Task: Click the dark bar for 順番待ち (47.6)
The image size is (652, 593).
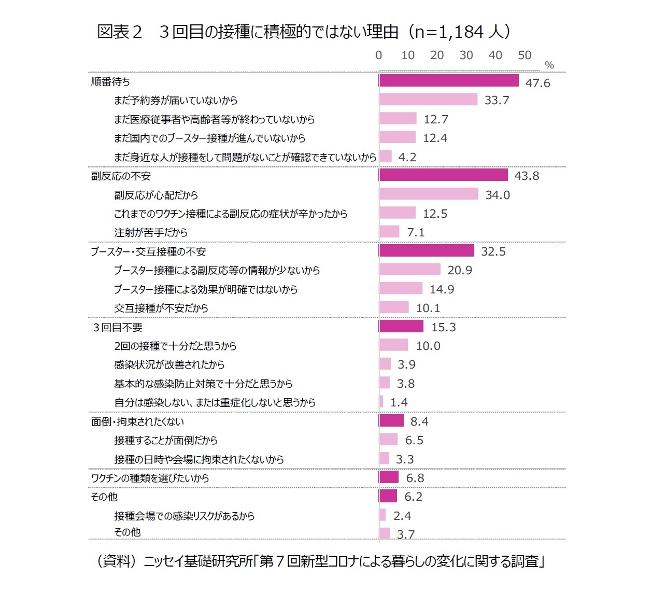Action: coord(449,80)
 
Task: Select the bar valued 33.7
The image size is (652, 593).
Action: coord(428,100)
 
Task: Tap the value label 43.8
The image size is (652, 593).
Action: coord(527,176)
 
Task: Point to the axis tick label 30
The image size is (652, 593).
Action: coord(466,55)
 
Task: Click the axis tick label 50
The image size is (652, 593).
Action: coord(525,55)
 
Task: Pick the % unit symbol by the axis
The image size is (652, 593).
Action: coord(549,65)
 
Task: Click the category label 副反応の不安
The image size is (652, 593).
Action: coord(121,176)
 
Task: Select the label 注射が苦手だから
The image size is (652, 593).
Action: coord(151,233)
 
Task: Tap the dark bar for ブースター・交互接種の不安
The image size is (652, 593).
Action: coord(427,251)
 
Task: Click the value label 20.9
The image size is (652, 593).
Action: coord(460,270)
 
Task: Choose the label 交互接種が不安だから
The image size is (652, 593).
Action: coord(161,308)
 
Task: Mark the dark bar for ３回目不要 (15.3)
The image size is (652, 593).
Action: coord(401,327)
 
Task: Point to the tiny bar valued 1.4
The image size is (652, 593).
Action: coord(381,402)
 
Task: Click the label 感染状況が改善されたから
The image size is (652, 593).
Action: coord(169,365)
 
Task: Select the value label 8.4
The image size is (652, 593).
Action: coord(419,421)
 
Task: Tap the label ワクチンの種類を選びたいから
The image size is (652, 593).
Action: coord(150,478)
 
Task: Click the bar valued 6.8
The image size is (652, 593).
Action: coord(389,477)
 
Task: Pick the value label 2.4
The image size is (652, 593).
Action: coord(402,516)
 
